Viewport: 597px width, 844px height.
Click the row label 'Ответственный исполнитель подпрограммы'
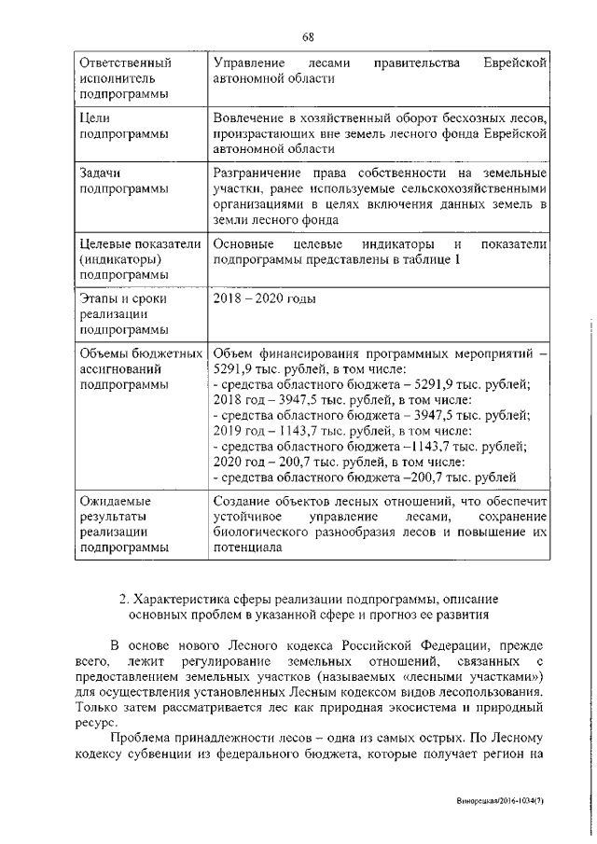[x=126, y=78]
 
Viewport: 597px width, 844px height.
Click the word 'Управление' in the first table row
[x=247, y=63]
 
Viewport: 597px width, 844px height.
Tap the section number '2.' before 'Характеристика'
[x=126, y=598]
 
